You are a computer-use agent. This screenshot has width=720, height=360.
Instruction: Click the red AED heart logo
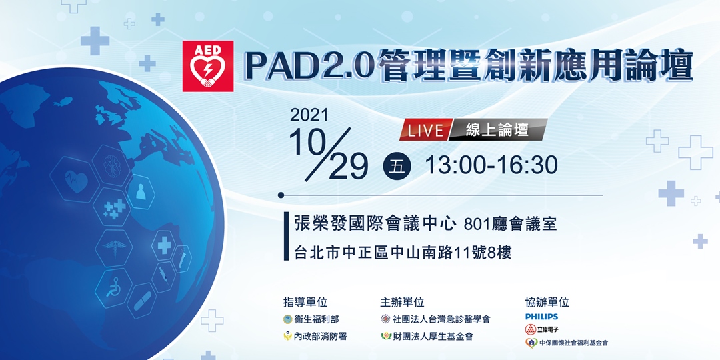point(208,66)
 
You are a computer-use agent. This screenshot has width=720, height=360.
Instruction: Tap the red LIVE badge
point(425,130)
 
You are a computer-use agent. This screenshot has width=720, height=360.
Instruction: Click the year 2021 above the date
point(309,115)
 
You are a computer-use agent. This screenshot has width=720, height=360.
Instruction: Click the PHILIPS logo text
point(541,317)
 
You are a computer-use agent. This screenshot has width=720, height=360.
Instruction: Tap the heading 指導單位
point(305,302)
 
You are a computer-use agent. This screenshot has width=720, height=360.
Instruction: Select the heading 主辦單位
point(402,302)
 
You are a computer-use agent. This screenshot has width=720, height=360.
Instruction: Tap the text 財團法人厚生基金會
point(431,337)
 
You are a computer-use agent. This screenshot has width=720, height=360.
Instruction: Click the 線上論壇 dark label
point(497,130)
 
